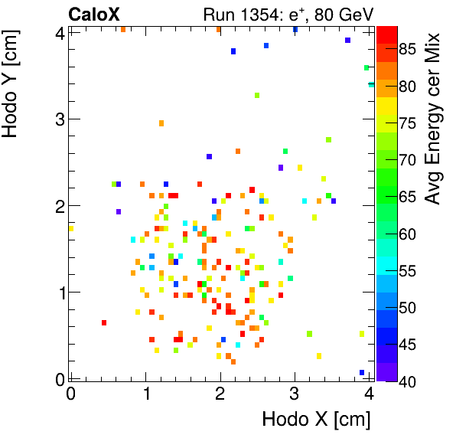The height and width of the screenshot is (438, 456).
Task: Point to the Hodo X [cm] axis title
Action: point(316,420)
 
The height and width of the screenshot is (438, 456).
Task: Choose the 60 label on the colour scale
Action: point(407,234)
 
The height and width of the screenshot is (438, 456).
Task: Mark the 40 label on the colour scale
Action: point(407,382)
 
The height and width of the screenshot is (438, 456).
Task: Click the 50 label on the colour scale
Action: point(407,308)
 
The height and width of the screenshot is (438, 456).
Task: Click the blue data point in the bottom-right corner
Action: point(362,373)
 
